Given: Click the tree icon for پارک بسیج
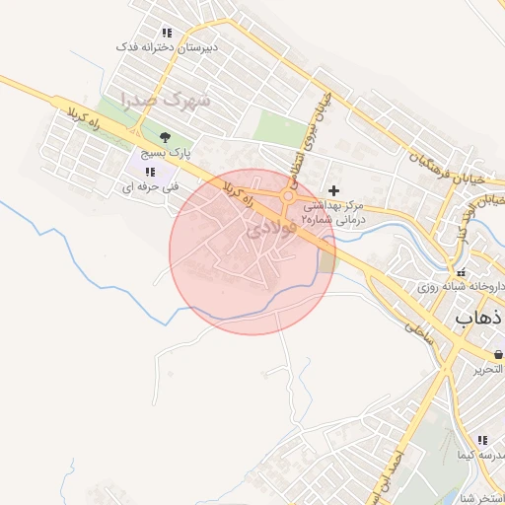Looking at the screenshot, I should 165,139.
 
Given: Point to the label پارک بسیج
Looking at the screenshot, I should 165,154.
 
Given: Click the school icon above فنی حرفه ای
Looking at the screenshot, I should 148,173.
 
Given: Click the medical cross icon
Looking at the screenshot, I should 333,190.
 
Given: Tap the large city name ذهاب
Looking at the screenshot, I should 480,318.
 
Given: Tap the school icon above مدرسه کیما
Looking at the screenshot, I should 481,440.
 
